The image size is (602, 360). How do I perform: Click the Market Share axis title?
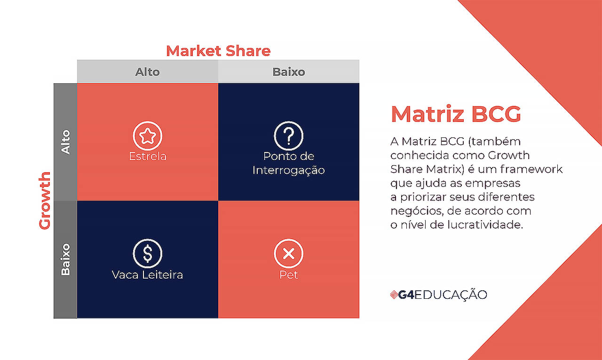click(x=218, y=51)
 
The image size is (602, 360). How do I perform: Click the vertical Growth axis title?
click(x=45, y=200)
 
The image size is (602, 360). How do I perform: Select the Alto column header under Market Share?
click(x=148, y=72)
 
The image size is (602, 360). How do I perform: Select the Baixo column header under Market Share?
click(x=289, y=72)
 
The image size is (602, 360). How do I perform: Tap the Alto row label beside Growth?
click(x=65, y=142)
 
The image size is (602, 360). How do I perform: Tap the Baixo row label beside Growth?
click(x=65, y=259)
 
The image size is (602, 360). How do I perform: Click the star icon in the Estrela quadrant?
click(x=148, y=136)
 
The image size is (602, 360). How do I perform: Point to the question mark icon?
click(x=289, y=136)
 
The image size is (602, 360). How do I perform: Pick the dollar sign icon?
click(x=148, y=254)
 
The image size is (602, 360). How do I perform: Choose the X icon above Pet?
click(x=289, y=254)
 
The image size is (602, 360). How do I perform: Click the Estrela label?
click(x=148, y=156)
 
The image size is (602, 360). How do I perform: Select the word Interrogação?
click(x=289, y=170)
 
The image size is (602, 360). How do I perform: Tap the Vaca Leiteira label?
click(x=148, y=274)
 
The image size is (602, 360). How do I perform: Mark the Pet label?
click(x=289, y=274)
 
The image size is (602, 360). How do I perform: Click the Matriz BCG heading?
click(x=456, y=114)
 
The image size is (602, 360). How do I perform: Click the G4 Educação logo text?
click(x=443, y=295)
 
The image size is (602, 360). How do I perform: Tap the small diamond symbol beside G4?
click(x=394, y=295)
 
